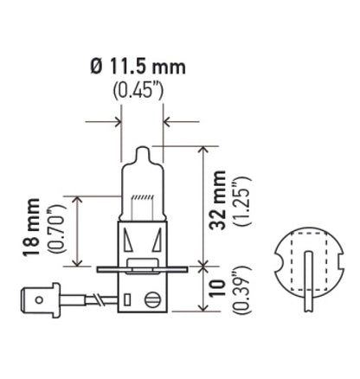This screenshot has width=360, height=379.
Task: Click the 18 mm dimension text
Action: [x=35, y=231]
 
